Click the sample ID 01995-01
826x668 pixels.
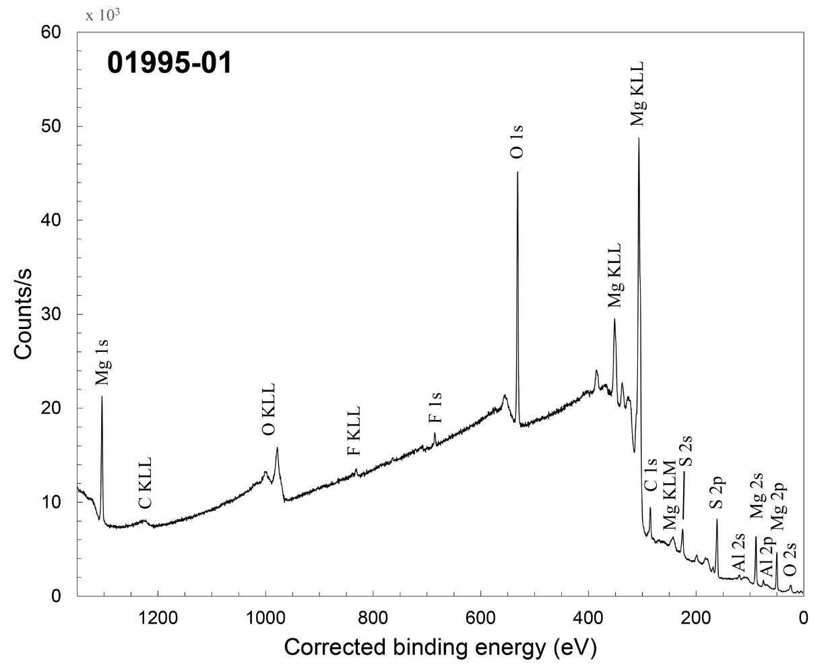pos(169,64)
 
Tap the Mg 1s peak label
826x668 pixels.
pos(102,363)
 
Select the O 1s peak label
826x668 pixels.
pos(517,140)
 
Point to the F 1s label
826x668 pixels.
pos(435,408)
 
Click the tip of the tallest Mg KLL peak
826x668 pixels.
pos(639,138)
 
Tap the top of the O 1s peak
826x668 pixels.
pos(517,172)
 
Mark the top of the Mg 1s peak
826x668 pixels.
pos(102,396)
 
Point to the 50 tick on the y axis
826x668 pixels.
pos(52,127)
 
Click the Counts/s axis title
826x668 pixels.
pos(25,314)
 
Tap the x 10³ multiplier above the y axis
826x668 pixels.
pos(102,15)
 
